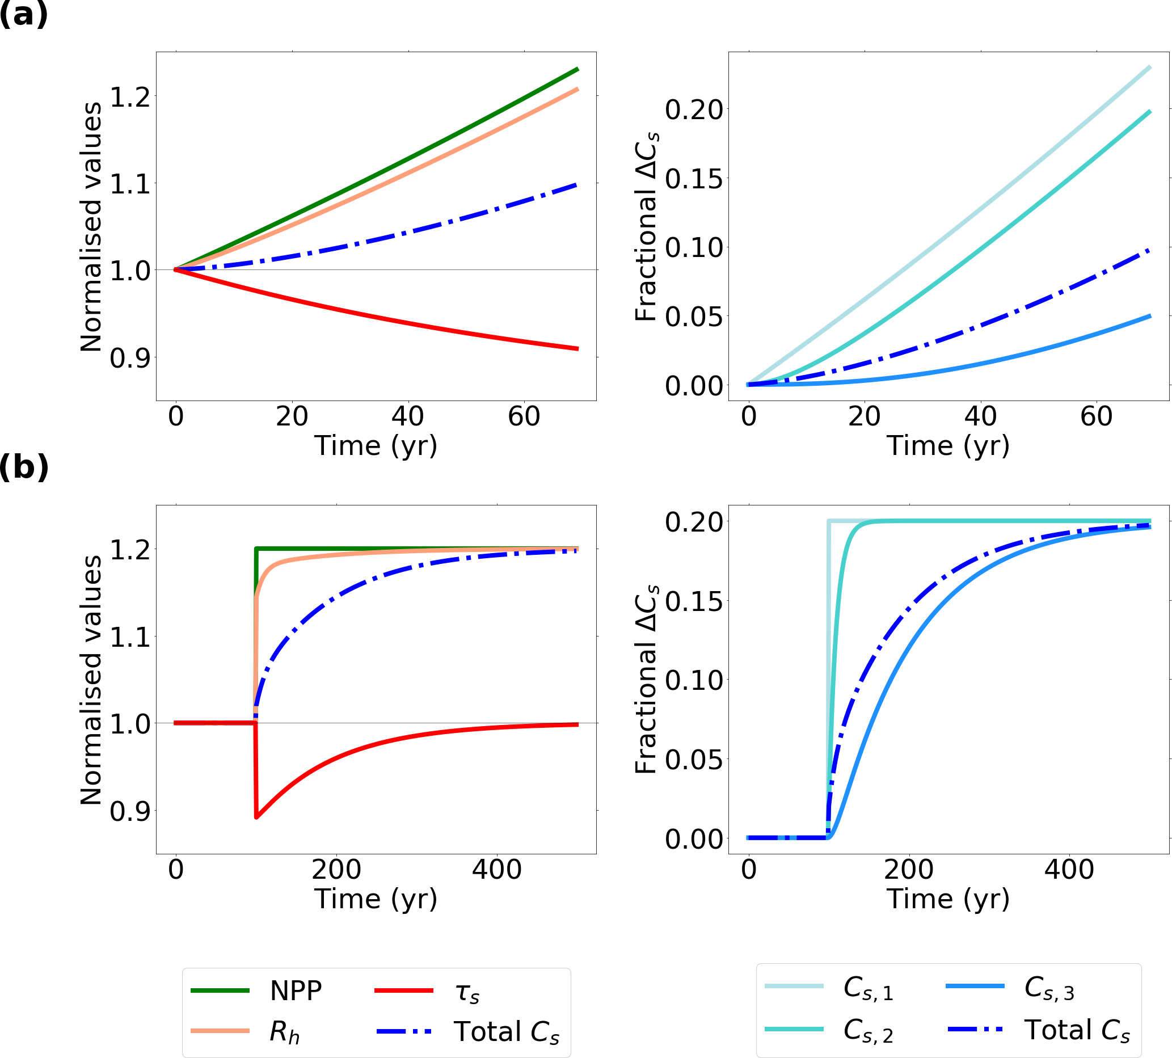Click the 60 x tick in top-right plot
pos(1097,417)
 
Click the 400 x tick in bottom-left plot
pos(497,870)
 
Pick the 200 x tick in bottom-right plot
pos(909,870)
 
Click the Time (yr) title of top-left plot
pos(376,446)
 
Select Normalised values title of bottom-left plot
pos(91,680)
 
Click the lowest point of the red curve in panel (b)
pos(256,818)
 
